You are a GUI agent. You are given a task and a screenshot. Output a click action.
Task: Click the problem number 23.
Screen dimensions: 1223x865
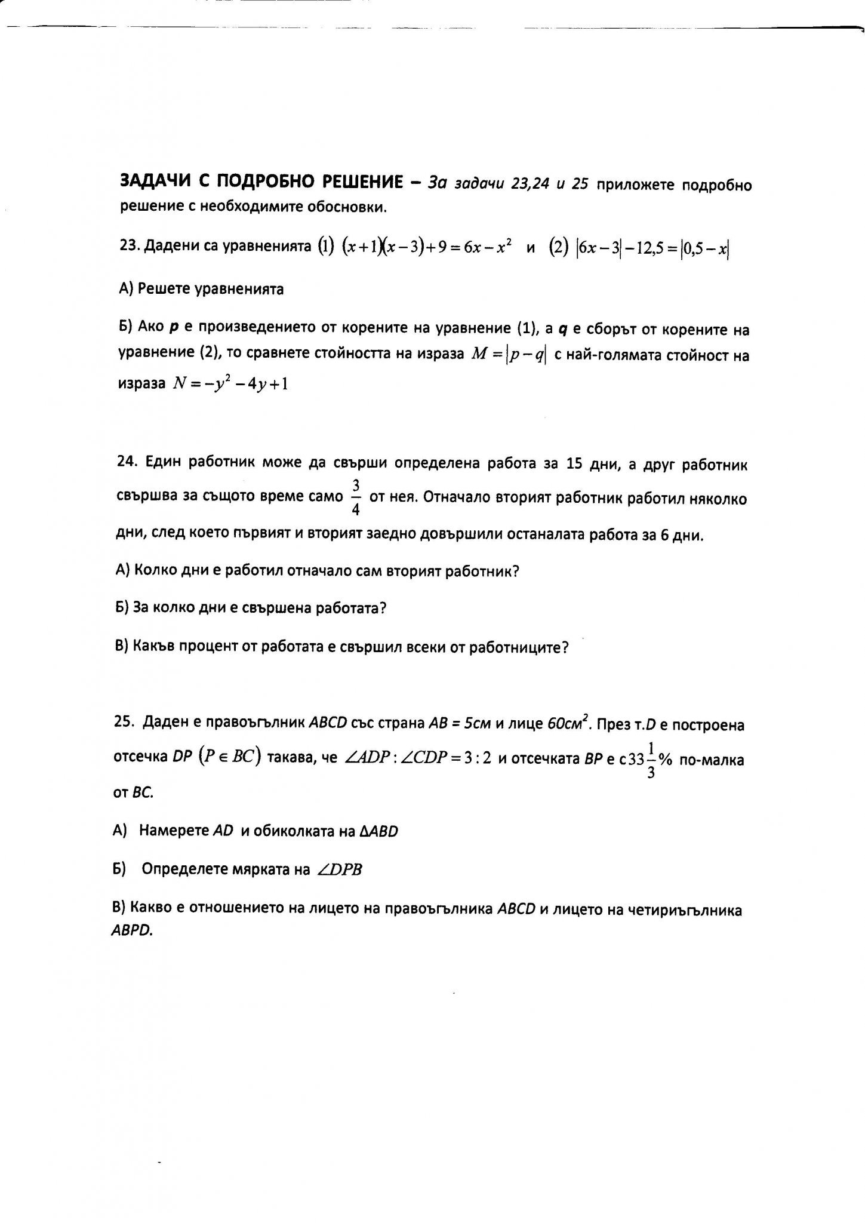point(126,247)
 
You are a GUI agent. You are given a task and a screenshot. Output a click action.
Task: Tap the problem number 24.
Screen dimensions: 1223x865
point(125,464)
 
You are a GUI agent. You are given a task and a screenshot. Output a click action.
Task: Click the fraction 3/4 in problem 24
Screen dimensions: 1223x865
point(356,496)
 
